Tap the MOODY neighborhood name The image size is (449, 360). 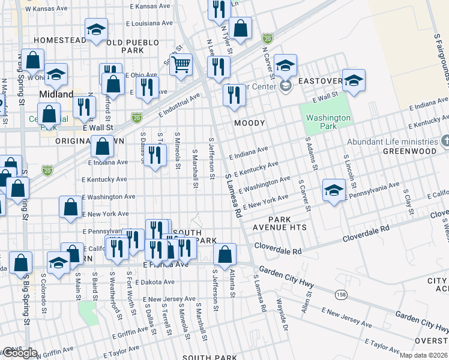tap(249, 123)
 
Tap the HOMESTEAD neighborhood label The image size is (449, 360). tap(60, 40)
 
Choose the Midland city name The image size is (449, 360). tap(56, 94)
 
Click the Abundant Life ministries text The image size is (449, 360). tap(391, 142)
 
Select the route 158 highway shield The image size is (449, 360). tap(341, 294)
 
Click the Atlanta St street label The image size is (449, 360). tap(232, 282)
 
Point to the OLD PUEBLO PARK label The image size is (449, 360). tap(133, 47)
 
